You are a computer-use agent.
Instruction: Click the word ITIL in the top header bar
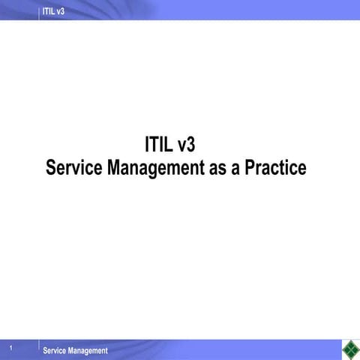pyautogui.click(x=49, y=10)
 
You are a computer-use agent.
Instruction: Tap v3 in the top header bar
pyautogui.click(x=61, y=10)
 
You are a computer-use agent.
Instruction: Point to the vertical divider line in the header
pyautogui.click(x=39, y=10)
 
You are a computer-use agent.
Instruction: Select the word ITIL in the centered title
pyautogui.click(x=160, y=144)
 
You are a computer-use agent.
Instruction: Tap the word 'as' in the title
pyautogui.click(x=218, y=168)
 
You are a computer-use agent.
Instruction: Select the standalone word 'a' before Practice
pyautogui.click(x=236, y=168)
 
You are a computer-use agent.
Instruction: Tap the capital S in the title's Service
pyautogui.click(x=51, y=167)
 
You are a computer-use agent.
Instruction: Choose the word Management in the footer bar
pyautogui.click(x=87, y=351)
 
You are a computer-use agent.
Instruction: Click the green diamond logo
pyautogui.click(x=349, y=349)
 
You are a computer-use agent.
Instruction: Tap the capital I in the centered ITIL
pyautogui.click(x=147, y=144)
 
